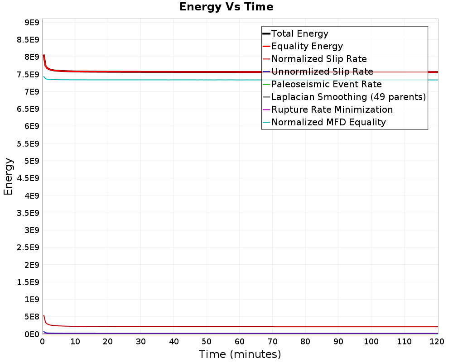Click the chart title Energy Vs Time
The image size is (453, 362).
click(226, 7)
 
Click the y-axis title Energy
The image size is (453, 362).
click(8, 176)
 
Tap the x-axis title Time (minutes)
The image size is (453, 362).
click(240, 354)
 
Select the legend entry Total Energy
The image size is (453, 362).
click(300, 33)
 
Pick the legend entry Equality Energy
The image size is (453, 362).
click(307, 46)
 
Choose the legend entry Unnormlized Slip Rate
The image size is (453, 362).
click(322, 71)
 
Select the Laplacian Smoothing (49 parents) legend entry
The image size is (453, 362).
click(348, 97)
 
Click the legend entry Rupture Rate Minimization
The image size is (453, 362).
click(332, 110)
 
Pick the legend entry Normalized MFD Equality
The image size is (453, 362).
click(328, 122)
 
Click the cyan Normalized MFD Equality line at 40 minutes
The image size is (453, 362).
click(174, 80)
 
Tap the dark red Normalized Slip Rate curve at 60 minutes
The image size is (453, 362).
click(240, 327)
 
